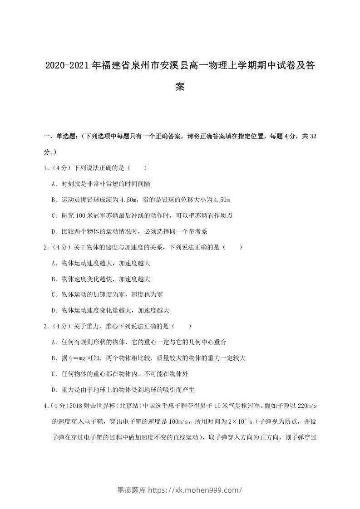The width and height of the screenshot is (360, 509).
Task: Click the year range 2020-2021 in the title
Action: coord(68,66)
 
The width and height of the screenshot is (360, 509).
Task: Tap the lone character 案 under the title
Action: coord(180,87)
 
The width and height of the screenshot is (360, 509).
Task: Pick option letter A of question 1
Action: coord(54,184)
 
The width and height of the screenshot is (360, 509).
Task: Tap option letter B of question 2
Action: coord(54,279)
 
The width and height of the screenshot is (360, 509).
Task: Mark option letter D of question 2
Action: coord(54,311)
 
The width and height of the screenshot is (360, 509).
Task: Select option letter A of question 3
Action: coord(54,342)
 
